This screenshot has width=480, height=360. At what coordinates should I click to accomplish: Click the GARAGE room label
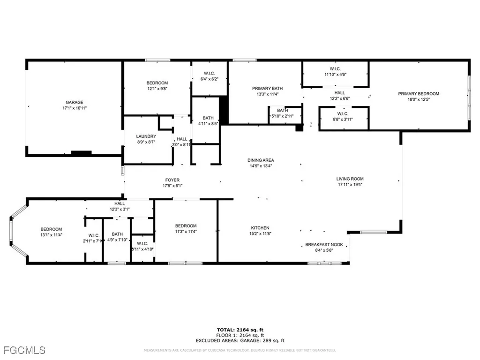(74, 102)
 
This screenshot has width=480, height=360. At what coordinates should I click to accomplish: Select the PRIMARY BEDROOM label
(419, 94)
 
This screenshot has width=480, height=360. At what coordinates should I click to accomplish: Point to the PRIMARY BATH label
(267, 88)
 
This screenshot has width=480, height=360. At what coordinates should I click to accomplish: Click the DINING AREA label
(261, 160)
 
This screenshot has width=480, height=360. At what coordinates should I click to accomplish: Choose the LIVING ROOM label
(350, 179)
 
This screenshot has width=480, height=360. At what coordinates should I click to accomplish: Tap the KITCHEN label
(260, 228)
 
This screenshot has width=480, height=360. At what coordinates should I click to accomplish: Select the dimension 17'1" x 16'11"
(74, 108)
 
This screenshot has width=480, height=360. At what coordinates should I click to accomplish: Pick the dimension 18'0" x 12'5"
(419, 99)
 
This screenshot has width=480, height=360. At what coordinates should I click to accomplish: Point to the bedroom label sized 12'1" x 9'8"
(157, 83)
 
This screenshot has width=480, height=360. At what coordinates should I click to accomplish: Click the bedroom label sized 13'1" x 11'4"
(51, 229)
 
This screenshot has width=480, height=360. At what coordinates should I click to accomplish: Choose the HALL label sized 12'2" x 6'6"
(339, 93)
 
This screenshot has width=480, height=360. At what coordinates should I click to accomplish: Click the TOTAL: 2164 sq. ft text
(240, 329)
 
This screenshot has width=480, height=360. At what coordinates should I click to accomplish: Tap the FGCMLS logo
(23, 350)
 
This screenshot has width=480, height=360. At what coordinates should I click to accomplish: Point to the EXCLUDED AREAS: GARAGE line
(240, 341)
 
